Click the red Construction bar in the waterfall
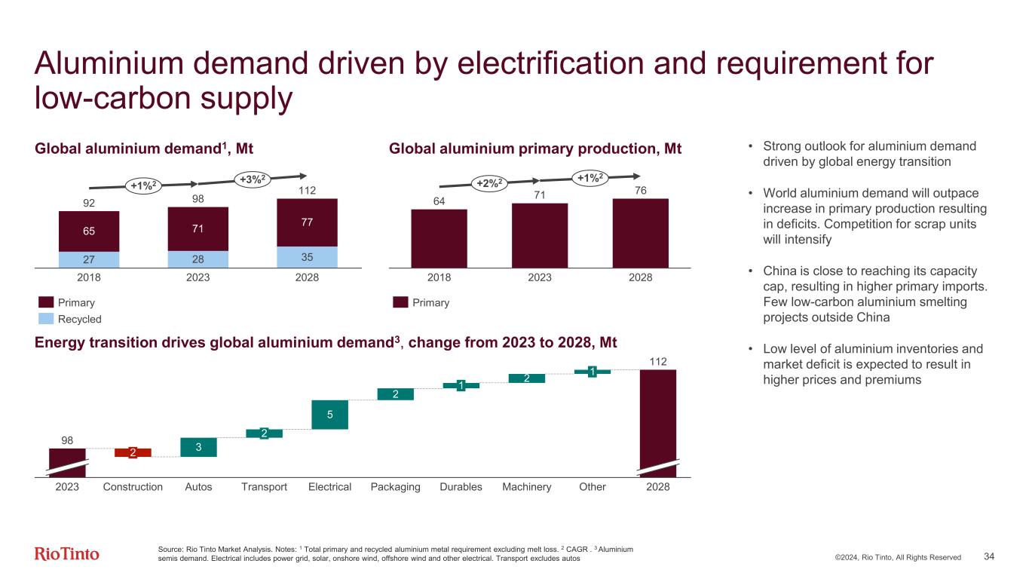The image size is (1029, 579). click(x=133, y=452)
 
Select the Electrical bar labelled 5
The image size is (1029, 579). click(x=329, y=414)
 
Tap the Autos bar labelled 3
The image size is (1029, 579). click(x=198, y=447)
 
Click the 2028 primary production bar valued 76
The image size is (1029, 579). click(x=640, y=233)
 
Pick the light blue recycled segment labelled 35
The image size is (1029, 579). click(x=307, y=256)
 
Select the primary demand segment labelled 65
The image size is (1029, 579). click(x=89, y=231)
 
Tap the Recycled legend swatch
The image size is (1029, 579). click(x=47, y=319)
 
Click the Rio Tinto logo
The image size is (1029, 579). click(x=67, y=554)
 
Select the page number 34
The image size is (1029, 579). click(x=989, y=556)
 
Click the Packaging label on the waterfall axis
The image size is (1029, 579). click(x=395, y=487)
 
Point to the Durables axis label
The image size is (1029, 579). click(x=461, y=487)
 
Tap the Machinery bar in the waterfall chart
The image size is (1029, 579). click(x=526, y=378)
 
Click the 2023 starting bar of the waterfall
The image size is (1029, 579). click(x=67, y=461)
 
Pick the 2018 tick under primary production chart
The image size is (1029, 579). click(x=439, y=277)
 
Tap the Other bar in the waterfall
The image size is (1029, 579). click(x=593, y=371)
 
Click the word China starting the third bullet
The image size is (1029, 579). click(x=779, y=269)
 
